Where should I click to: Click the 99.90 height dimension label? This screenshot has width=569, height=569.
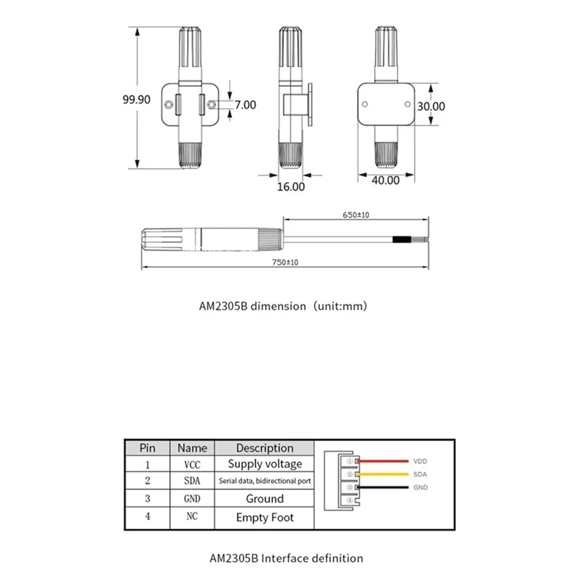click(136, 100)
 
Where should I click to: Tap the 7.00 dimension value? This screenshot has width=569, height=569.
click(245, 105)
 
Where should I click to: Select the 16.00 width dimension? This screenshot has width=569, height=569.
click(290, 188)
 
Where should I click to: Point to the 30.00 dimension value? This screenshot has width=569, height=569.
click(431, 106)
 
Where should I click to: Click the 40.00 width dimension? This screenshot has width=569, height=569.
click(385, 181)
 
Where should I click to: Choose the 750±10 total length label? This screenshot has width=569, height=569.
click(284, 262)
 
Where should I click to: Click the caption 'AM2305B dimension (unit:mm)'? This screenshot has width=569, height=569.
click(284, 307)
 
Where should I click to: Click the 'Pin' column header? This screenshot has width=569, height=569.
click(147, 448)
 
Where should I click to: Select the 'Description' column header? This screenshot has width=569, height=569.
click(265, 448)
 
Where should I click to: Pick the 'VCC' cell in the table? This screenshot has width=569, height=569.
click(192, 464)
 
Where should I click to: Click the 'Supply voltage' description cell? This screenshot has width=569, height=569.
click(265, 464)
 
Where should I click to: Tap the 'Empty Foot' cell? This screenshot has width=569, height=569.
click(265, 518)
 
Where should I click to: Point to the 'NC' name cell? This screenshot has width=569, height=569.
click(192, 517)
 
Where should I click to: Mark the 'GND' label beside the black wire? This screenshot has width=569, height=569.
click(421, 487)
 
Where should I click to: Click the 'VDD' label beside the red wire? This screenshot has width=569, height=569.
click(421, 461)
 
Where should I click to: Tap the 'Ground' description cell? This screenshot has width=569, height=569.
click(265, 499)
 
